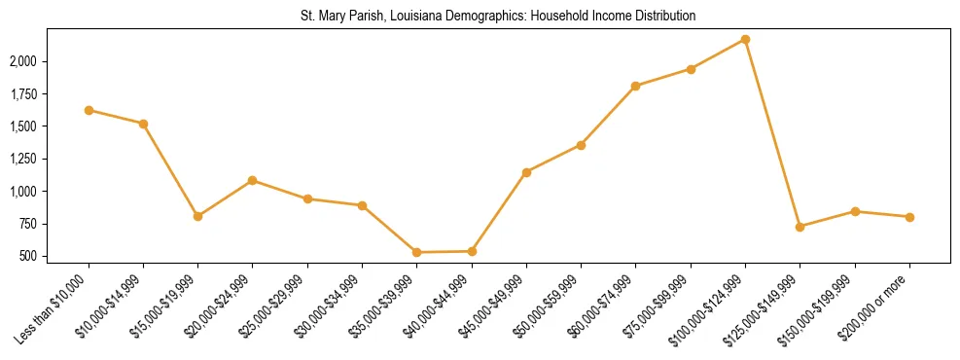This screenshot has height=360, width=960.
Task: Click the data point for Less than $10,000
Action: pyautogui.click(x=89, y=110)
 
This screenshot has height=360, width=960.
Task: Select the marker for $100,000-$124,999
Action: pyautogui.click(x=745, y=39)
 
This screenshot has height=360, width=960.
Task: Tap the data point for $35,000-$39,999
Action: pyautogui.click(x=416, y=252)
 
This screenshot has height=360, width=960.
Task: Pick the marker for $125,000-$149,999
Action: pyautogui.click(x=800, y=227)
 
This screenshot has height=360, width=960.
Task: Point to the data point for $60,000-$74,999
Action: pyautogui.click(x=635, y=86)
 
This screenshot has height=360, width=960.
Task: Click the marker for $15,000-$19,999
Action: pyautogui.click(x=197, y=216)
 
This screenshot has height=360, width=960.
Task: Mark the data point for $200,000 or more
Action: pyautogui.click(x=909, y=217)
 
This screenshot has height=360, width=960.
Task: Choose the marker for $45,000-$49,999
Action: pyautogui.click(x=526, y=172)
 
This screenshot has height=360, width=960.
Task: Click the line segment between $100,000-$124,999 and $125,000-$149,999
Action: pyautogui.click(x=772, y=133)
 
